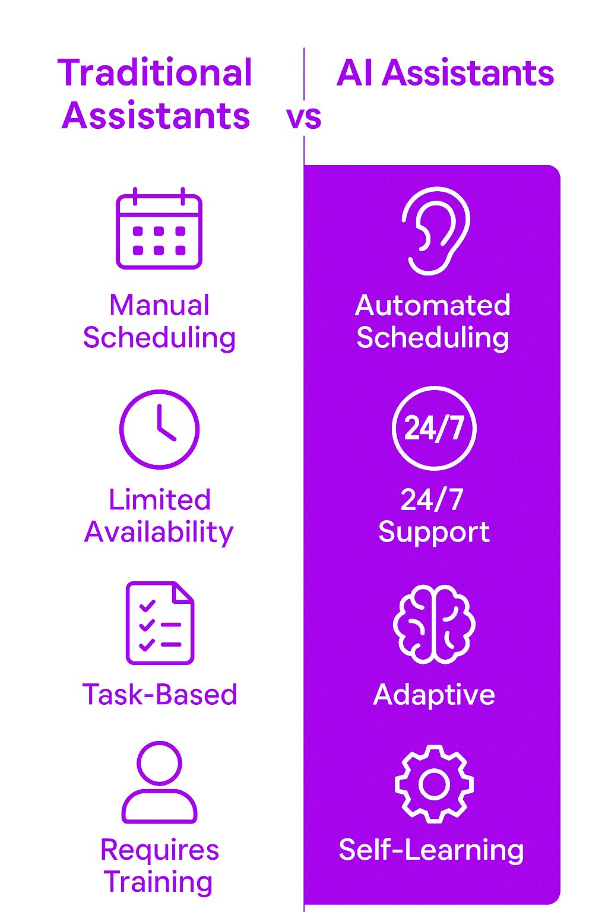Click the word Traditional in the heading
(155, 74)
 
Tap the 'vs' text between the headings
(303, 117)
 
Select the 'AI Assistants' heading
(445, 74)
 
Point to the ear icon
(435, 231)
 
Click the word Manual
(159, 306)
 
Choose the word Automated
(433, 306)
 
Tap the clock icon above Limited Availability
(159, 429)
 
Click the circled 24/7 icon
(434, 428)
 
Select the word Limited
(159, 500)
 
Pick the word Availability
(159, 533)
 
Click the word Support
(434, 532)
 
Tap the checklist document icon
(160, 623)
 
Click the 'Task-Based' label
(160, 695)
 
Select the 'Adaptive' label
(434, 695)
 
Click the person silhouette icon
(159, 782)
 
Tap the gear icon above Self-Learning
(434, 784)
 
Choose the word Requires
(159, 850)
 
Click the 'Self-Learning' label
(431, 850)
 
